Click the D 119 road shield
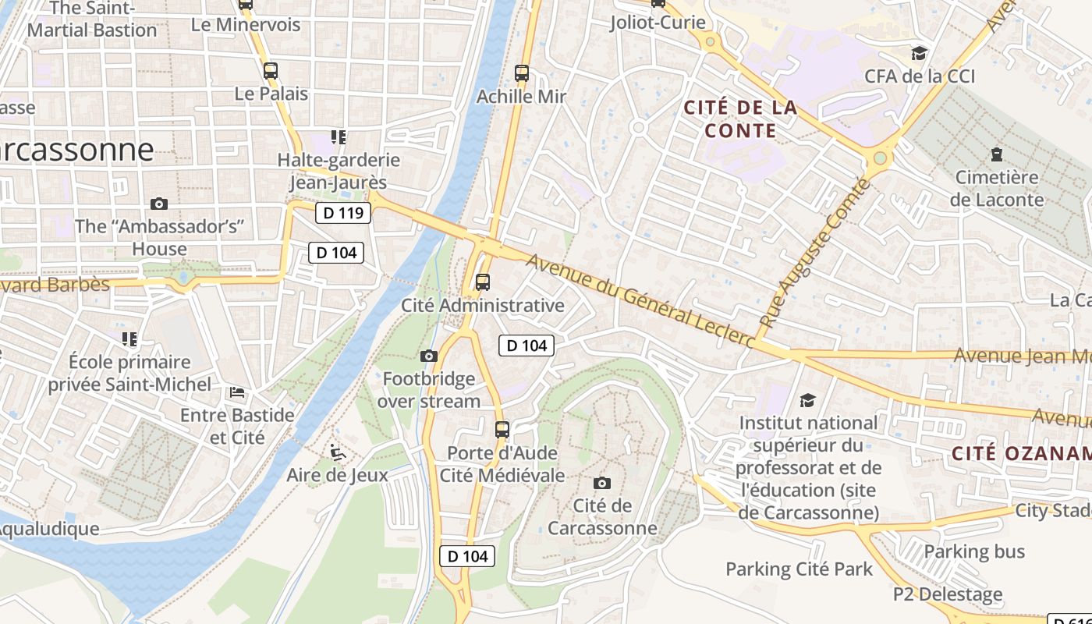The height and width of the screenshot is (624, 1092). [x=343, y=213]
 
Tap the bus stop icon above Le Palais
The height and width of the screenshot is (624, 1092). [x=270, y=71]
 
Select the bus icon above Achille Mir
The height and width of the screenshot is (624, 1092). [x=521, y=74]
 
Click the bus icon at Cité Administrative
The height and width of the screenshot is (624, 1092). [x=483, y=282]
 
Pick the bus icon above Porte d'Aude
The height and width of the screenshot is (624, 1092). [x=502, y=430]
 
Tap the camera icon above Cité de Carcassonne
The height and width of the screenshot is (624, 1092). [x=601, y=483]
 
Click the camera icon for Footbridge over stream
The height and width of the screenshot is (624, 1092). [x=428, y=356]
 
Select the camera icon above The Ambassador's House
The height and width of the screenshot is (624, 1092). [x=159, y=204]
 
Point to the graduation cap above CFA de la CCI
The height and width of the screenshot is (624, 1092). [x=920, y=54]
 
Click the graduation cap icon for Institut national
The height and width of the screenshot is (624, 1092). [x=807, y=400]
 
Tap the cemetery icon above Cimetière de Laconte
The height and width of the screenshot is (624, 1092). [x=996, y=154]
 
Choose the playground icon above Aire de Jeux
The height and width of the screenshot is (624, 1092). [x=337, y=452]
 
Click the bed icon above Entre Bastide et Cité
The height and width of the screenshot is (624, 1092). [x=237, y=392]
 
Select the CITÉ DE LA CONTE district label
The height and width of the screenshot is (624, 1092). [x=740, y=119]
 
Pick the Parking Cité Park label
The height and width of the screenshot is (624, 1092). [x=799, y=569]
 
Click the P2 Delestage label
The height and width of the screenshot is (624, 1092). [x=948, y=594]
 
